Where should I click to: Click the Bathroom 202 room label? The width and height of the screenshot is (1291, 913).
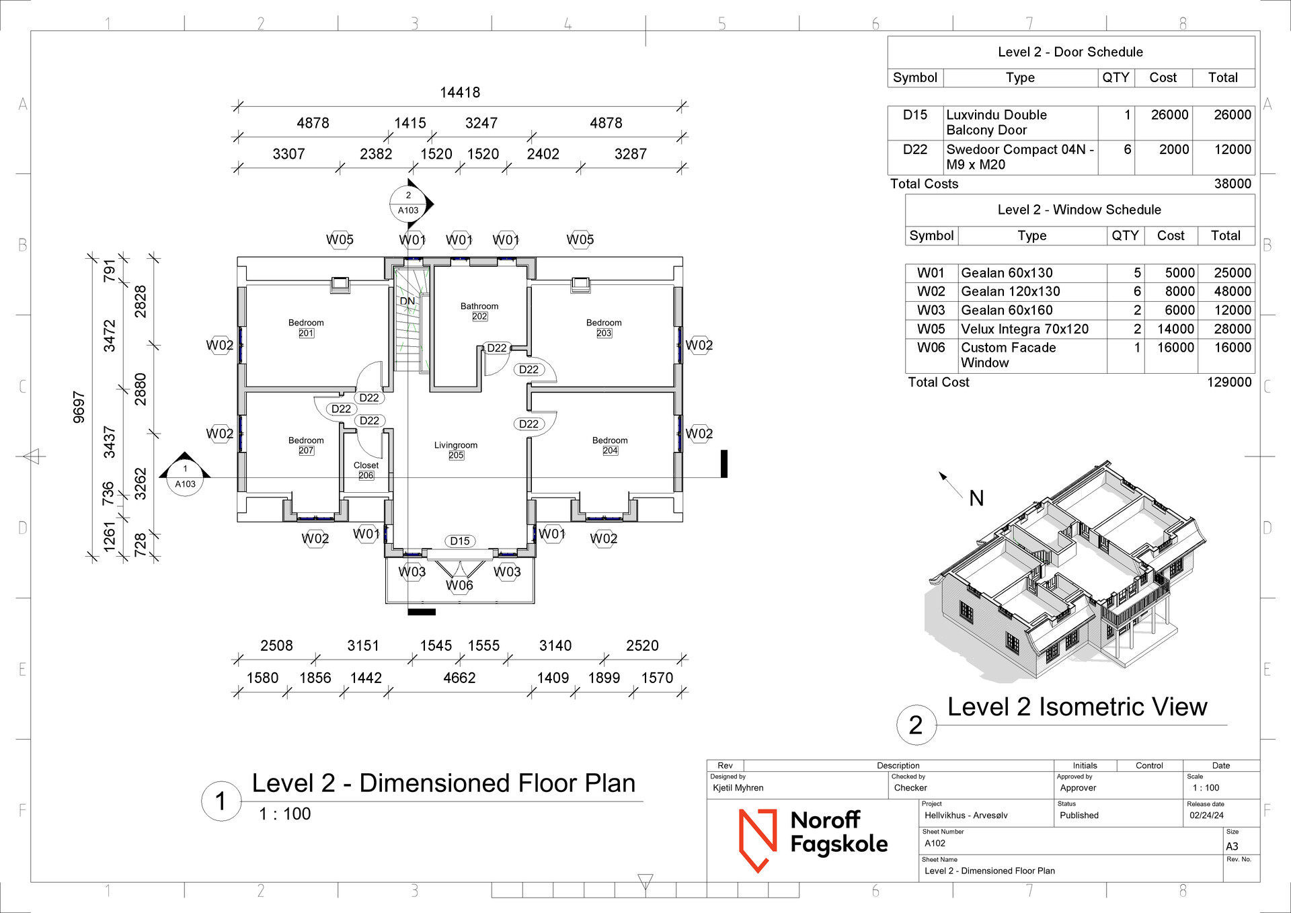coord(479,311)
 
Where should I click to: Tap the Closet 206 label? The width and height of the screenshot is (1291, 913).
coord(366,470)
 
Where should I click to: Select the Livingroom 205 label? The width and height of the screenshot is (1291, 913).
coord(456,450)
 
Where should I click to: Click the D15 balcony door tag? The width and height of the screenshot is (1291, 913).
coord(460,541)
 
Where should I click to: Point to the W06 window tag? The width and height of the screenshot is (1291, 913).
coord(459,586)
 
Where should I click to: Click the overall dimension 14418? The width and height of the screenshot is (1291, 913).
coord(460,93)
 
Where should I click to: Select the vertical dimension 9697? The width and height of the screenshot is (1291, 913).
coord(79,407)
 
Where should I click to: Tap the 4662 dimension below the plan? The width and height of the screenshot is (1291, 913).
coord(459,678)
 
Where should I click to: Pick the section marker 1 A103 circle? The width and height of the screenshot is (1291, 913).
coord(185,477)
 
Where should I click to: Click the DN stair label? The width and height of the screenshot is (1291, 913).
coord(407,301)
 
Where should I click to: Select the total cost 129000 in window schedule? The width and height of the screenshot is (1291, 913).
coord(1229,383)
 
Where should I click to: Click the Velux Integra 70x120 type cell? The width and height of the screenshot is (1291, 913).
coord(1024,329)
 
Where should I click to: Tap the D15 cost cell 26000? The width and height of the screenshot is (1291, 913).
coord(1169,115)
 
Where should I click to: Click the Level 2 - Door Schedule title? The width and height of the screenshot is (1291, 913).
coord(1070,52)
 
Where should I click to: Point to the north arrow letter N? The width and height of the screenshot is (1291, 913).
coord(976,498)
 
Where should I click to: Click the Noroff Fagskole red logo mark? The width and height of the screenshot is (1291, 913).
coord(758,840)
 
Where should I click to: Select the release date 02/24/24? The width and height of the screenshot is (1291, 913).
coord(1206,816)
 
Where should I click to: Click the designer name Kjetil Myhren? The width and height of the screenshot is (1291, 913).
coord(738,788)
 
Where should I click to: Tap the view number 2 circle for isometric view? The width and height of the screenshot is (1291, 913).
coord(916,725)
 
